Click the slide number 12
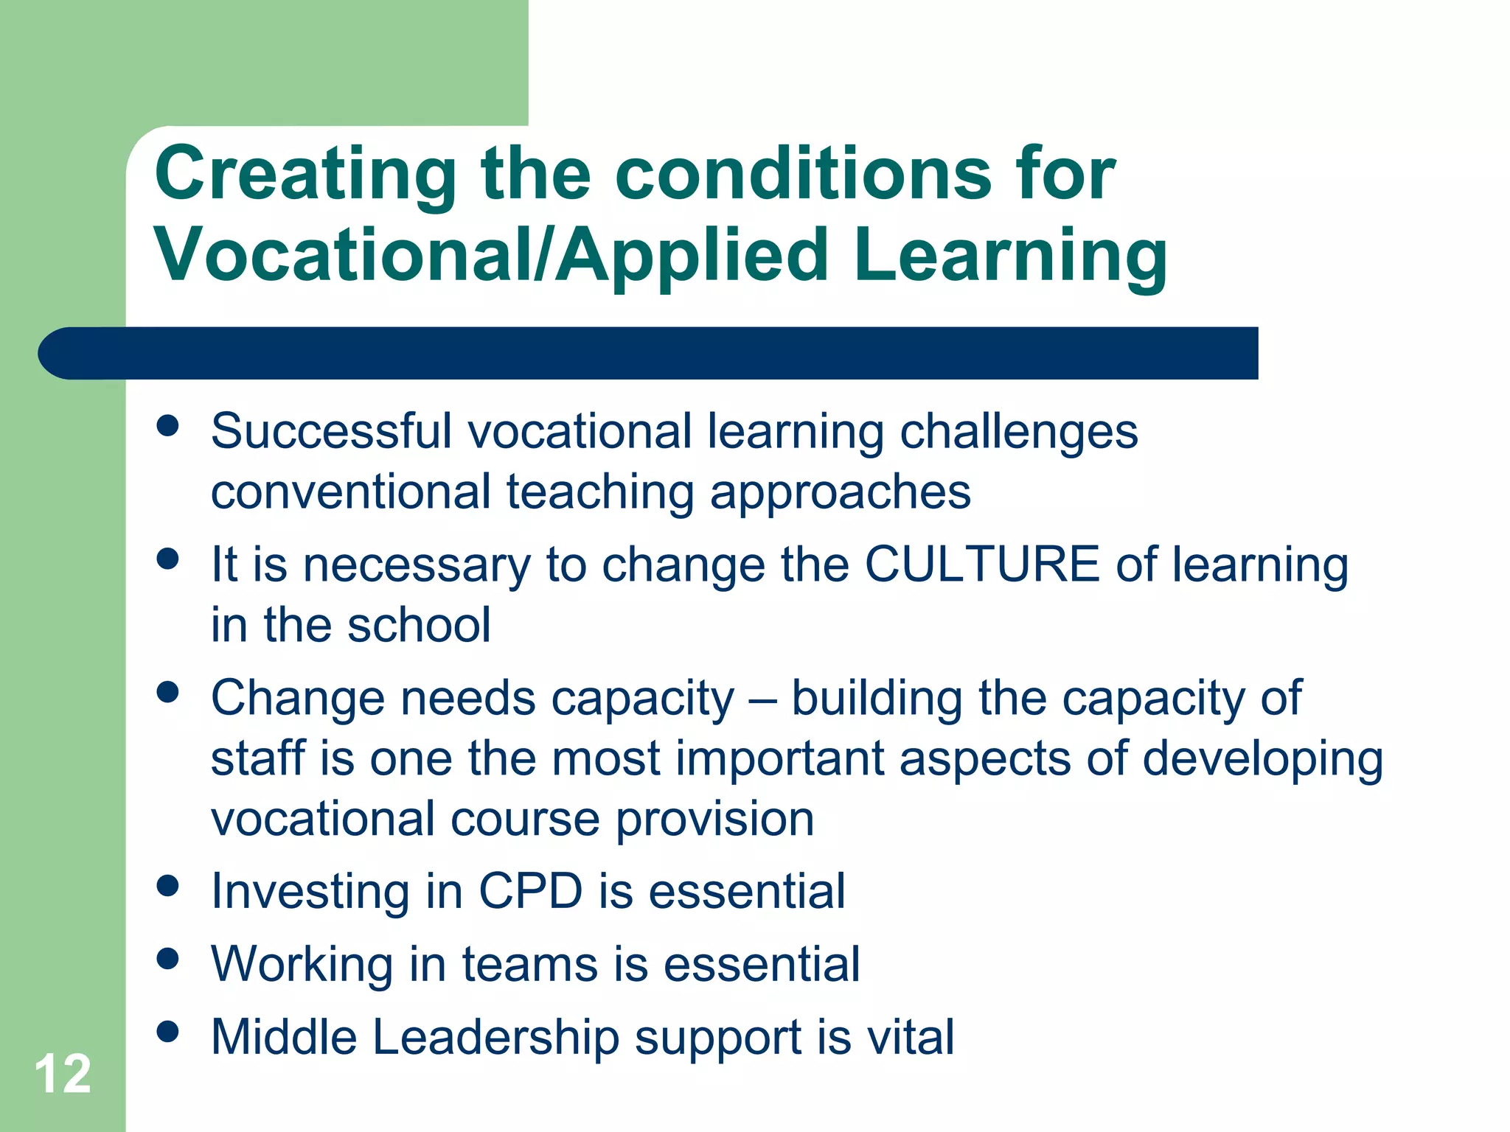click(x=63, y=1074)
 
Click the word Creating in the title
click(x=306, y=175)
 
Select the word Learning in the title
click(x=1011, y=255)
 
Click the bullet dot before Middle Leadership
click(x=168, y=1032)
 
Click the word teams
click(x=530, y=964)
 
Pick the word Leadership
click(x=495, y=1038)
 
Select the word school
click(x=418, y=625)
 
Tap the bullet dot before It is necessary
click(x=168, y=559)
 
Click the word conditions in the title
click(x=804, y=175)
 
